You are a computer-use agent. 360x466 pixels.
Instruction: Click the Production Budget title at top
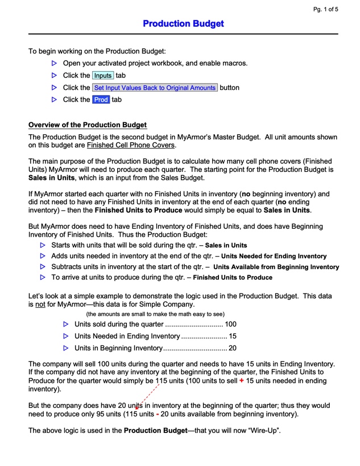(183, 24)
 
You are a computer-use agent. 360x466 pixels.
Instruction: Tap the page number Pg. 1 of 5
(325, 9)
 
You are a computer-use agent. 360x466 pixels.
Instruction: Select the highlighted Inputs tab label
(103, 76)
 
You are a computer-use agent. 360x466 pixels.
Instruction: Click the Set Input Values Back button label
(155, 88)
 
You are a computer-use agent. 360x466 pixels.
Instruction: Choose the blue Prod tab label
(101, 100)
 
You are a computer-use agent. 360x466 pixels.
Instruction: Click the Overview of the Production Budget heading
(88, 125)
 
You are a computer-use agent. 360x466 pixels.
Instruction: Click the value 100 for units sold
(230, 324)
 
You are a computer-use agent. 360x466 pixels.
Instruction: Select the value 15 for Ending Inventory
(232, 336)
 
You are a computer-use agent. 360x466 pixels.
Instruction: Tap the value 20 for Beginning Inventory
(232, 348)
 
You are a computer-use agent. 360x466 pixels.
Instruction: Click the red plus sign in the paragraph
(242, 381)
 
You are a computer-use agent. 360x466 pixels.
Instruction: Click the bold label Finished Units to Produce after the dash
(233, 278)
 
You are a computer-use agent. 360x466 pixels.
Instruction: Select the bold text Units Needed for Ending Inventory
(274, 256)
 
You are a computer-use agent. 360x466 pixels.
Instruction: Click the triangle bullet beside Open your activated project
(55, 63)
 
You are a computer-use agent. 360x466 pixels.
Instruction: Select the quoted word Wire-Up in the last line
(261, 430)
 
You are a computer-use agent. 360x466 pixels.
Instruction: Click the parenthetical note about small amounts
(155, 314)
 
